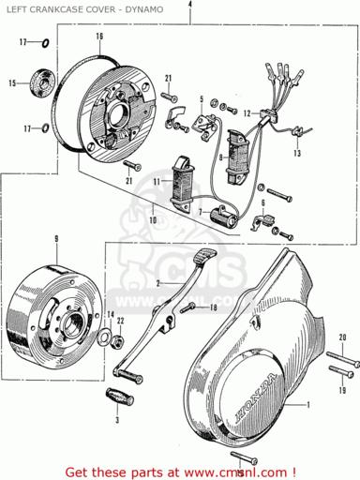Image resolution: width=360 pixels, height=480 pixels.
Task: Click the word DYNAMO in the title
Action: tap(144, 9)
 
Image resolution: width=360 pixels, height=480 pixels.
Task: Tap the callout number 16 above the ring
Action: tap(99, 37)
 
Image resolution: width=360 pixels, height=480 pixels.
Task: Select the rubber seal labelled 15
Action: tap(42, 82)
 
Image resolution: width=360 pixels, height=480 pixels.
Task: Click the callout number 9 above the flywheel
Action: tap(56, 239)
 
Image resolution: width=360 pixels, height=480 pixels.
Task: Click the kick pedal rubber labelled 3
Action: tap(120, 396)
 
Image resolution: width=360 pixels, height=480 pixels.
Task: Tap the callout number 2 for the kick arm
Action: tap(158, 283)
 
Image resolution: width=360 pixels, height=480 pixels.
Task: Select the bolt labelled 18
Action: tap(187, 307)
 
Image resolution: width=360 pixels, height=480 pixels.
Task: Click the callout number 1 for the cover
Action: tap(308, 405)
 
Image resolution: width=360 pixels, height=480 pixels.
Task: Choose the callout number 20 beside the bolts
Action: tap(342, 337)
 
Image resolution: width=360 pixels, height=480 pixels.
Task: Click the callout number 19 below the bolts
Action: tap(343, 390)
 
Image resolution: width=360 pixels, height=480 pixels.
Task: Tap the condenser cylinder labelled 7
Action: tap(225, 215)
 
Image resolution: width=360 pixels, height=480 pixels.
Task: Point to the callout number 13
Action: tap(297, 153)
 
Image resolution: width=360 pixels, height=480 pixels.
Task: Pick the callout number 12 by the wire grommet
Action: tap(247, 113)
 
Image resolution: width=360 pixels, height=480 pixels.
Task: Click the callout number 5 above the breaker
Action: tap(202, 99)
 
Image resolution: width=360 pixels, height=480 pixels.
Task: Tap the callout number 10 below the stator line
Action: tap(153, 220)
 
